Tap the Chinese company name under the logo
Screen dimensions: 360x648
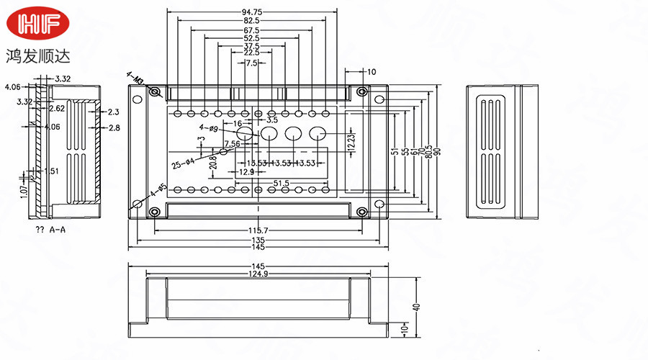(40, 55)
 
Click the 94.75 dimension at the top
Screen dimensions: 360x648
(251, 12)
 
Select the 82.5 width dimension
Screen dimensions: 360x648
(251, 21)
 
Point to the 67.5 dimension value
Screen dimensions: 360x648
(251, 30)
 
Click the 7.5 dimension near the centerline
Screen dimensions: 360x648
(251, 63)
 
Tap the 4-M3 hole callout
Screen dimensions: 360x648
(136, 78)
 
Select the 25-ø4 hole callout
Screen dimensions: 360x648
(181, 162)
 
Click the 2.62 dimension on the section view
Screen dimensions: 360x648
(56, 109)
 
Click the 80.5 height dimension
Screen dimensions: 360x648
(429, 151)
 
